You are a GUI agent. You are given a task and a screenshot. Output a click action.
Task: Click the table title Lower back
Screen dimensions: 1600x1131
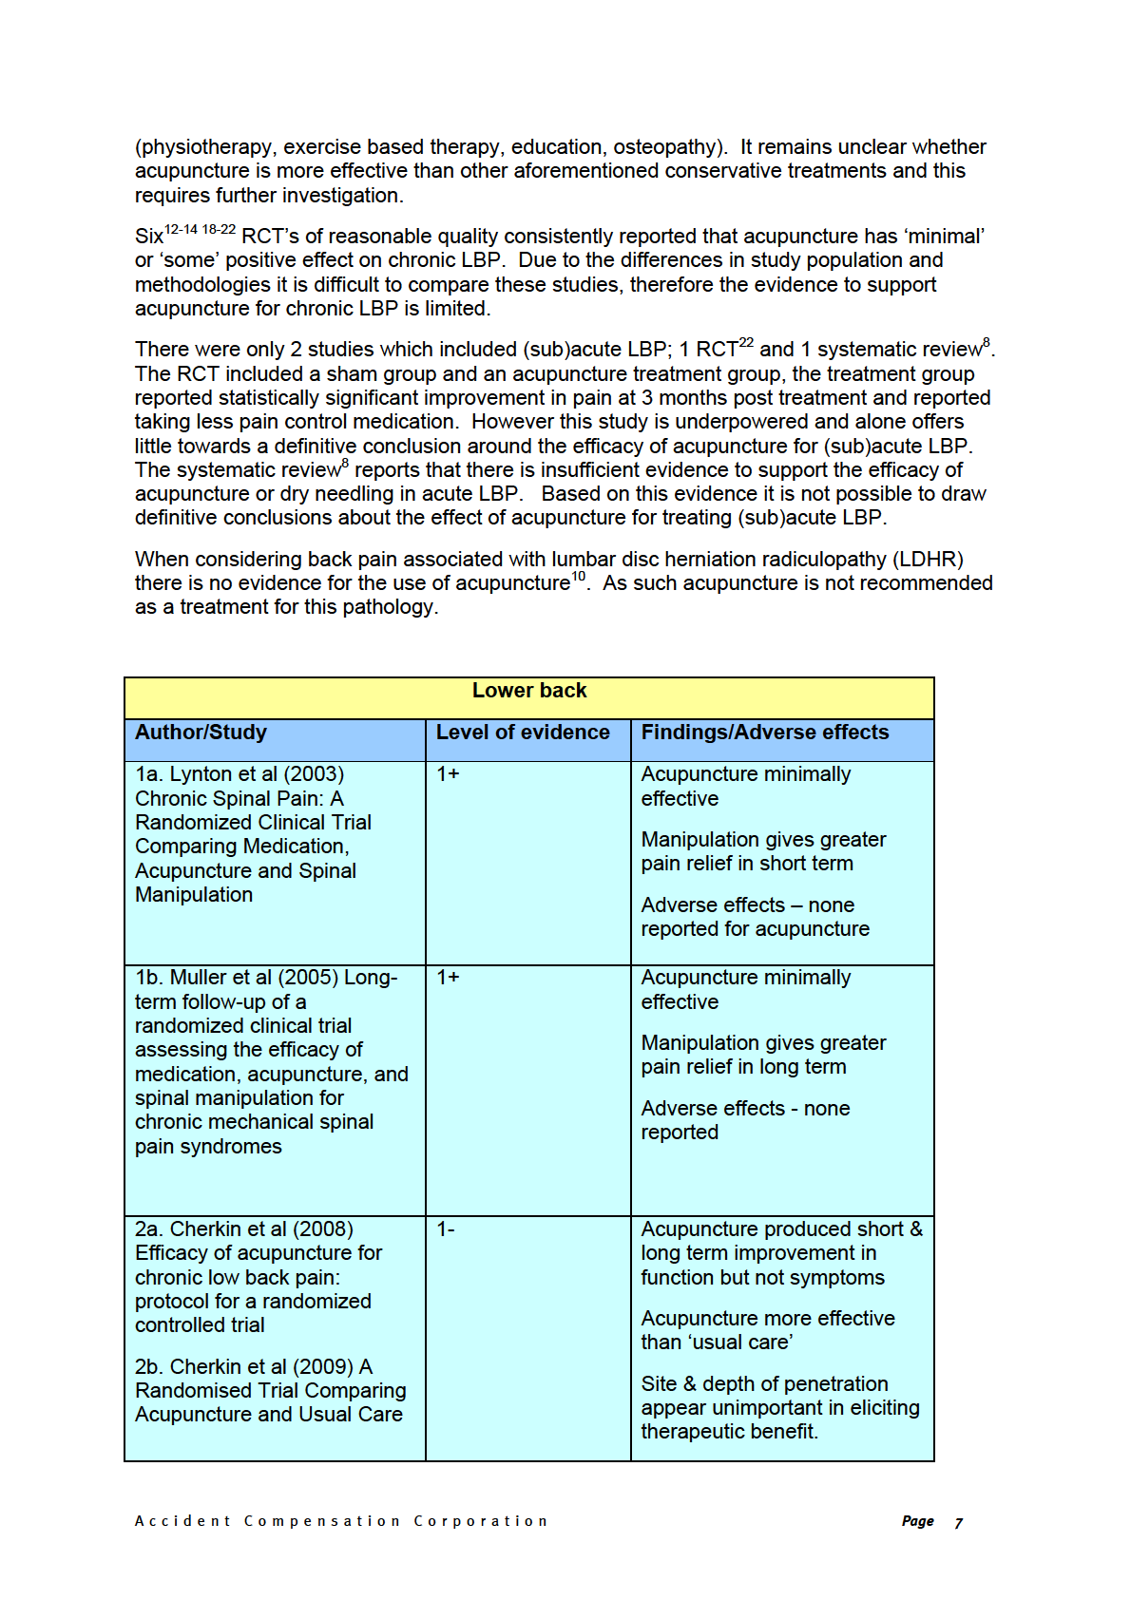(x=529, y=691)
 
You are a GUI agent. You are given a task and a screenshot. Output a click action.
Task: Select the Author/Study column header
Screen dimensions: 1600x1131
(x=201, y=733)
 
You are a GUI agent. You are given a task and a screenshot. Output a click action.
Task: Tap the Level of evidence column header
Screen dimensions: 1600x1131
(x=523, y=733)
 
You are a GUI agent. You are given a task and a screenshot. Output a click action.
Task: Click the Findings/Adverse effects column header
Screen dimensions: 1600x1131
(x=765, y=733)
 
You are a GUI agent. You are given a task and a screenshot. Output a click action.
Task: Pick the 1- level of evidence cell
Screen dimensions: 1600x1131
(x=446, y=1229)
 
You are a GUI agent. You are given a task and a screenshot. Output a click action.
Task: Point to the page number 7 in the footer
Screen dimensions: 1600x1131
(x=959, y=1523)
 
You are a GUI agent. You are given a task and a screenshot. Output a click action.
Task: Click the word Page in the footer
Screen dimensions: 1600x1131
(x=917, y=1521)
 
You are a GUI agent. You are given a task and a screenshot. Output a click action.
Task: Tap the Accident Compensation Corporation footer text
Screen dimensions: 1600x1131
(x=341, y=1521)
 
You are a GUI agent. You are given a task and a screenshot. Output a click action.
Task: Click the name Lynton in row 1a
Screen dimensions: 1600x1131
(x=200, y=774)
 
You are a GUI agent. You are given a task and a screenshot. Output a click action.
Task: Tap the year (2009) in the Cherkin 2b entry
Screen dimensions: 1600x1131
(x=323, y=1367)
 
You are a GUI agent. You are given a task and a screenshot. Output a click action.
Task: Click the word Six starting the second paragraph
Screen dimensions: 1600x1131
(x=149, y=238)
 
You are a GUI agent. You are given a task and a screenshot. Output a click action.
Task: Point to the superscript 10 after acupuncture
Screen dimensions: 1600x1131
(x=579, y=577)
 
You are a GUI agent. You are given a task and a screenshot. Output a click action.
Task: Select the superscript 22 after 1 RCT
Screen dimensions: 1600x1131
(x=746, y=343)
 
